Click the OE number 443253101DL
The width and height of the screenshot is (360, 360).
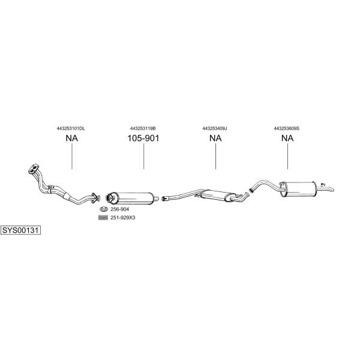coord(71,128)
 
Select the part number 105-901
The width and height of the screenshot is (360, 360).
coord(143,138)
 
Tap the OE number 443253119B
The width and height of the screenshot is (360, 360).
coord(143,128)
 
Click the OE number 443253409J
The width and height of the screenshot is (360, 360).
coord(215,128)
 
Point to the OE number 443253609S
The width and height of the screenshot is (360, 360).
coord(287,128)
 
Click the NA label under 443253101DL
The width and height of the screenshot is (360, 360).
coord(72,138)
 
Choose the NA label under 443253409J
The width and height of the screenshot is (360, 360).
coord(215,138)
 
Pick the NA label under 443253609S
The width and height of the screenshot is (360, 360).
coord(287,138)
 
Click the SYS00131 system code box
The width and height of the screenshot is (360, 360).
coord(20,230)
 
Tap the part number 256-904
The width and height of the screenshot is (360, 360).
coord(119,209)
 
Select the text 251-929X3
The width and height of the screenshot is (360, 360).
coord(123,218)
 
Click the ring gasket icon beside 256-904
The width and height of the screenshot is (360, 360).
coord(104,209)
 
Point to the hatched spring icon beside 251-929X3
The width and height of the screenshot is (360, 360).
coord(103,217)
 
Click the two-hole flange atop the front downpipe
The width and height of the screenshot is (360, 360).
coord(34,169)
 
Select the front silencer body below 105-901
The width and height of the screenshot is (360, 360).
coord(132,199)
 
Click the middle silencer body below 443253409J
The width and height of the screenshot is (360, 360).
coord(218,196)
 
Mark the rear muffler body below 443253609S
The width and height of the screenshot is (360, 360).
coord(298,189)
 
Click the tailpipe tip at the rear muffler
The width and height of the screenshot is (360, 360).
coord(332,190)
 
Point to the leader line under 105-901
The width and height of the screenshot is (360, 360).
coord(144,157)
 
